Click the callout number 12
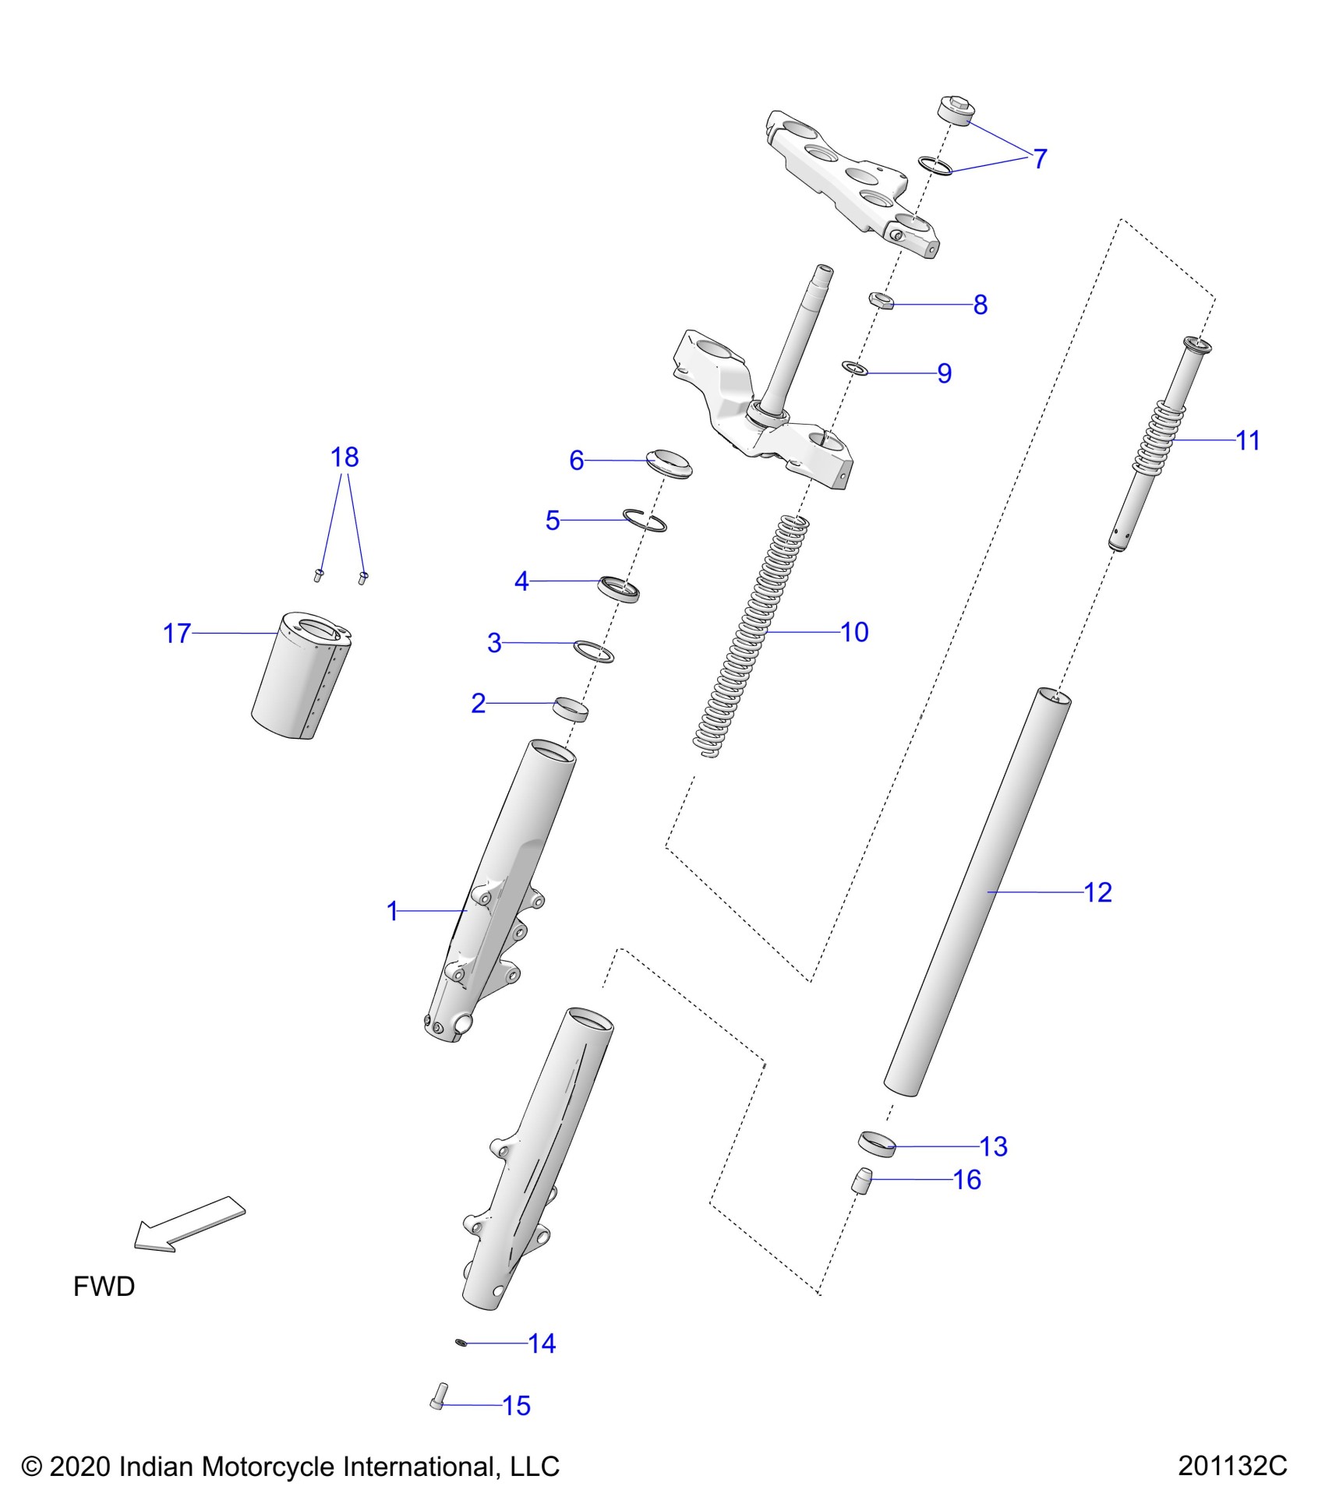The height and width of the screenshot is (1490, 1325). tap(1097, 892)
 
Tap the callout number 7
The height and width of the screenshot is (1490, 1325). tap(1040, 159)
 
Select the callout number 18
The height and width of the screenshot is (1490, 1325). tap(344, 457)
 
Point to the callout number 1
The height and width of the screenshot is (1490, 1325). tap(393, 911)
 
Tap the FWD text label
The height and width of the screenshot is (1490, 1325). tap(104, 1287)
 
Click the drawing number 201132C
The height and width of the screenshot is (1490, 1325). tap(1232, 1466)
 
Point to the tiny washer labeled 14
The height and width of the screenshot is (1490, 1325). tap(461, 1342)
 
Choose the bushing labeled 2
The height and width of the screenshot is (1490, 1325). tap(570, 709)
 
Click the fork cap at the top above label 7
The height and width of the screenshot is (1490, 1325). tap(954, 111)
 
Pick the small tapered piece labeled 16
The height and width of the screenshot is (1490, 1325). tap(860, 1181)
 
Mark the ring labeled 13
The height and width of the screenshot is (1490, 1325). tap(876, 1144)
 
